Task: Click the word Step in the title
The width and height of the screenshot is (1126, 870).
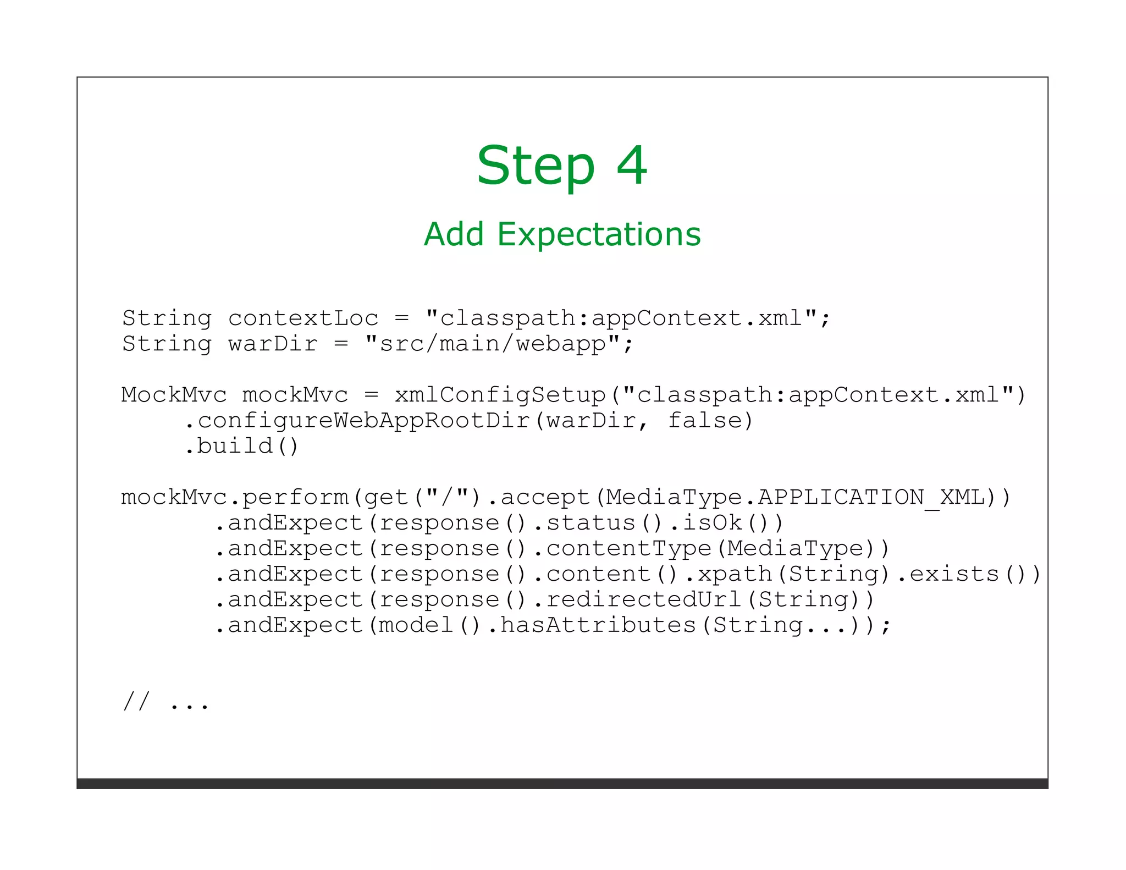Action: pos(536,166)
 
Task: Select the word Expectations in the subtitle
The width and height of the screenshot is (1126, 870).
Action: pos(599,234)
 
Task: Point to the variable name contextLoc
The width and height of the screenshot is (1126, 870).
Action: pos(303,318)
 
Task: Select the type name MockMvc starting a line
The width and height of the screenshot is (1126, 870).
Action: pos(174,395)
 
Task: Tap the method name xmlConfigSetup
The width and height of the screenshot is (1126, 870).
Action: pos(500,395)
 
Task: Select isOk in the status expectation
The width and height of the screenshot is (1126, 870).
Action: pos(713,522)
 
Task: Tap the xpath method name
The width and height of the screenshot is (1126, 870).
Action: pos(735,574)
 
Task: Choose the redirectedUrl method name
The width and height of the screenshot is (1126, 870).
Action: pos(644,599)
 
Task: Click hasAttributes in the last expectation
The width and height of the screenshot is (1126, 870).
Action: pos(598,625)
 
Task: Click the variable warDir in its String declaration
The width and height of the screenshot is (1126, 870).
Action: pos(273,344)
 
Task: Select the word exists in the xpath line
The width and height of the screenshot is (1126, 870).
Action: pos(954,574)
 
